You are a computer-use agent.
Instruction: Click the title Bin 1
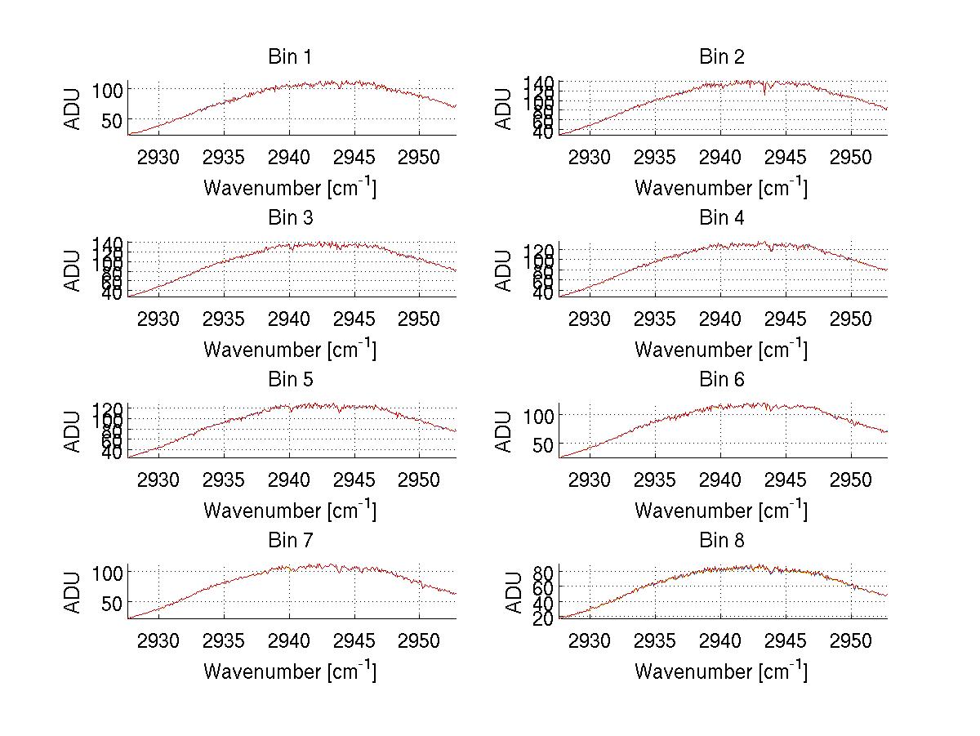[x=290, y=57]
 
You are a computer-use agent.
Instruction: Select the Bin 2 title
[x=721, y=57]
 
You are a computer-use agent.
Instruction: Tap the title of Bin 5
[x=290, y=380]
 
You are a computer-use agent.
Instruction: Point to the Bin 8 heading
[x=721, y=541]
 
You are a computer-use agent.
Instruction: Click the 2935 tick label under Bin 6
[x=655, y=479]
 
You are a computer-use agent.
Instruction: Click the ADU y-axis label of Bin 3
[x=73, y=270]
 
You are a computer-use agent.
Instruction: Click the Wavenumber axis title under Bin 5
[x=290, y=510]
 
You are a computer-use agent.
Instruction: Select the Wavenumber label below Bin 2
[x=721, y=188]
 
